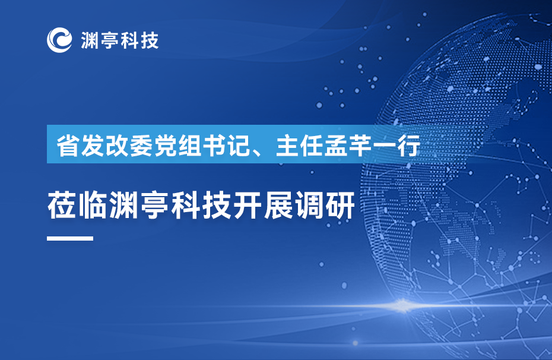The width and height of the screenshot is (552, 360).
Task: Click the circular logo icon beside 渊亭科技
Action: [x=59, y=40]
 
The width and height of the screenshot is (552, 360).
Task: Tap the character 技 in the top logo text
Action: [x=150, y=40]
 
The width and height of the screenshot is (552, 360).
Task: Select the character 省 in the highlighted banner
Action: [x=68, y=145]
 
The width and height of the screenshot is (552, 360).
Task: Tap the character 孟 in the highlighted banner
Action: [x=336, y=145]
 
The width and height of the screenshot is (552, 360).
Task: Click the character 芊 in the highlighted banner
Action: [x=360, y=145]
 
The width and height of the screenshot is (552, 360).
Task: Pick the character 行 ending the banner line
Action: [x=409, y=145]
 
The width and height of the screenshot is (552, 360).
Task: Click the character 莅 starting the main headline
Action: [x=62, y=206]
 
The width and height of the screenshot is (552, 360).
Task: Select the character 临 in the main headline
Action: [x=93, y=206]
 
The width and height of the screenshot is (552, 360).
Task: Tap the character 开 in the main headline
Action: [x=248, y=206]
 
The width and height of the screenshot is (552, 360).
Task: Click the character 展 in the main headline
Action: [x=278, y=206]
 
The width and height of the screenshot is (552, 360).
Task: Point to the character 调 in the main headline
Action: [x=309, y=206]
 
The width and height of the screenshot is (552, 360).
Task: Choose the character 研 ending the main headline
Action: [x=340, y=206]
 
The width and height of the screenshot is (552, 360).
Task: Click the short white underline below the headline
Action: [x=70, y=238]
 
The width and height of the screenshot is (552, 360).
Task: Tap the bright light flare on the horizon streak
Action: [x=402, y=305]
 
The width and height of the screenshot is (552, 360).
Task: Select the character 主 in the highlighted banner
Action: [x=287, y=145]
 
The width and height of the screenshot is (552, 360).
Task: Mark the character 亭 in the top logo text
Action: [x=110, y=40]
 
